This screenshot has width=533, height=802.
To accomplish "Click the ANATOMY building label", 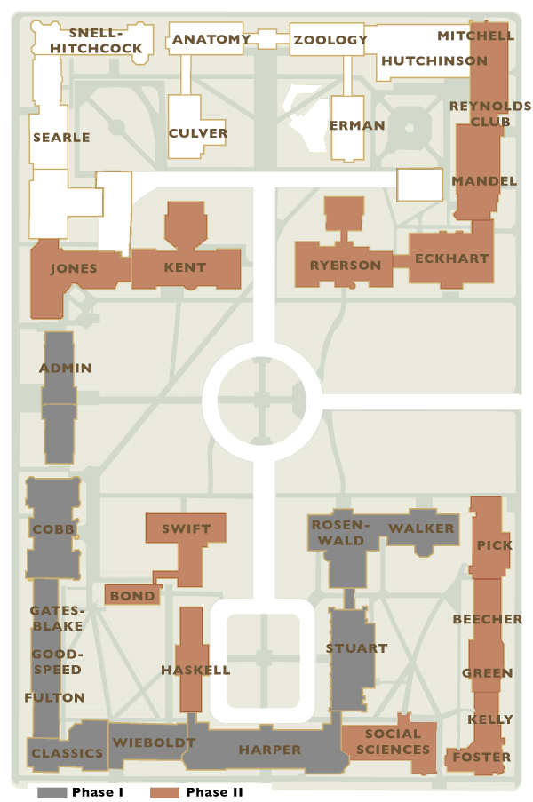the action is click(211, 39).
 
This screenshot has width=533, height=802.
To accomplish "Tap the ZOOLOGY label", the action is click(330, 39).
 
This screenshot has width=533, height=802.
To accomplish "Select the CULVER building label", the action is click(198, 133).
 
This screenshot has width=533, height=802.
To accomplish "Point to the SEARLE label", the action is click(61, 137).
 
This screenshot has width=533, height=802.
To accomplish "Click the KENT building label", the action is click(185, 266).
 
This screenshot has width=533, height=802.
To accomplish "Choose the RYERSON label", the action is click(346, 265).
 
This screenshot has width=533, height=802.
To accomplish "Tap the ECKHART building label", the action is click(451, 258).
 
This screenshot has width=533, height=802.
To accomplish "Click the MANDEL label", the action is click(484, 180).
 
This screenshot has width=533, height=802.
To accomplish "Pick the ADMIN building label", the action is click(66, 368).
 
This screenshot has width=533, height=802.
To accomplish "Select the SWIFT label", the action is click(187, 528).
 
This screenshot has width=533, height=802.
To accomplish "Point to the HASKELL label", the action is click(195, 670).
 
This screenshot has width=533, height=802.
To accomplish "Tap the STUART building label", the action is click(356, 647).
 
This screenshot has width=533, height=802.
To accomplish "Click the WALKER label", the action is click(421, 528).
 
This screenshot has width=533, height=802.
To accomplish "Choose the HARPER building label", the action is click(269, 750).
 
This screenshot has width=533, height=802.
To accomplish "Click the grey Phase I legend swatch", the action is click(52, 791).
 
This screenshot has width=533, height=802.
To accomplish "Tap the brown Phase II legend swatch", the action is click(165, 791).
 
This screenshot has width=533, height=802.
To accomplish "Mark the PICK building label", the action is click(495, 544).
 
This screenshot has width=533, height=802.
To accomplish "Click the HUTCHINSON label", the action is click(434, 60).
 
